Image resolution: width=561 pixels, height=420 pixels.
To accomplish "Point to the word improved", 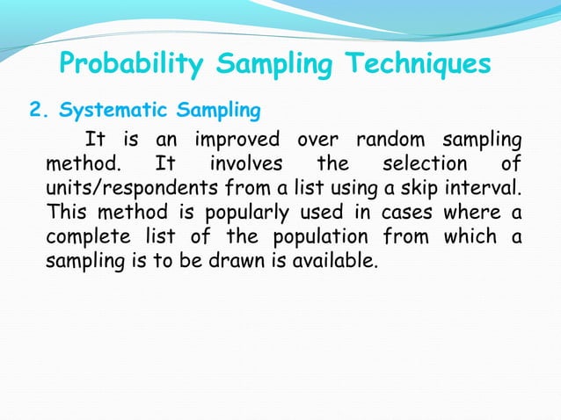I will pyautogui.click(x=239, y=140).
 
